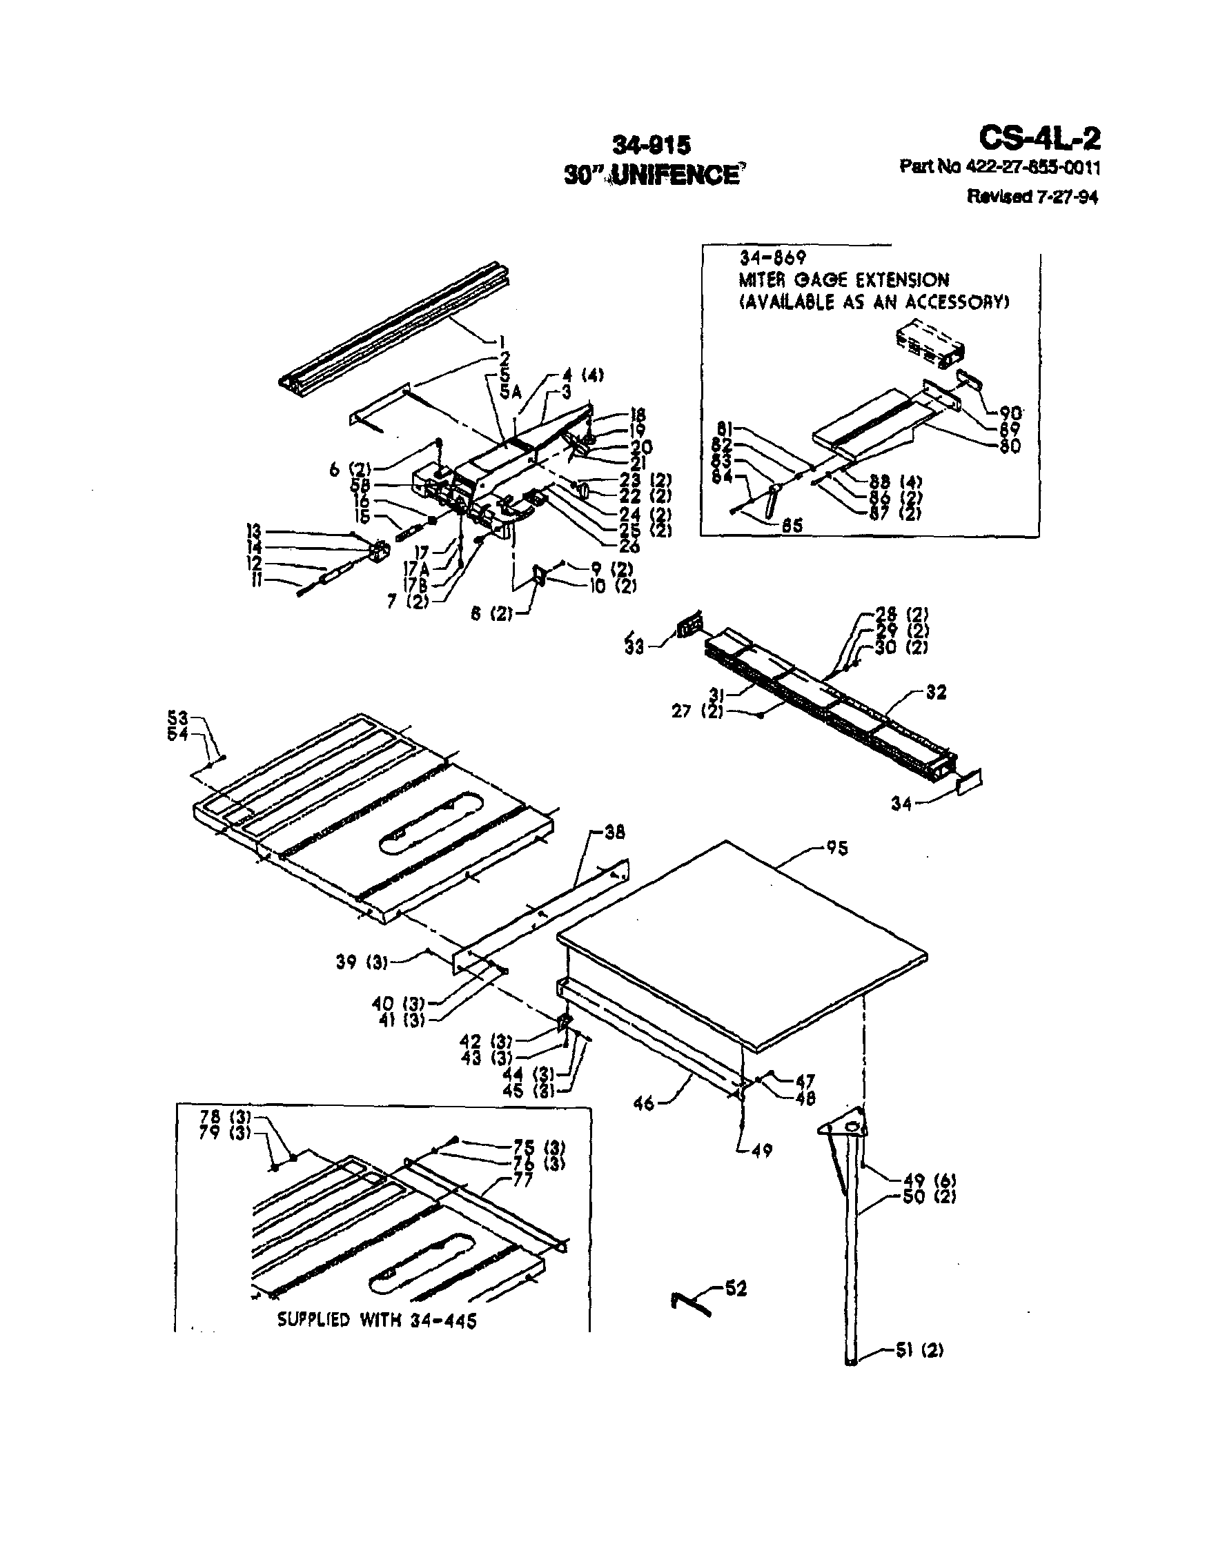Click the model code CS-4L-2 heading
coord(1039,139)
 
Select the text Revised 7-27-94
coord(1032,197)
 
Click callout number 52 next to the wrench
coord(736,1289)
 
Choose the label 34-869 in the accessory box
coord(772,257)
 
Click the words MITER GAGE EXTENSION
coord(843,280)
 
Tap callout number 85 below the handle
coord(792,525)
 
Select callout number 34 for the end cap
coord(901,804)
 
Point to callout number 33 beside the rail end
coord(634,647)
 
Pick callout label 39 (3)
coord(362,962)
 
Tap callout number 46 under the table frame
coord(643,1102)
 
